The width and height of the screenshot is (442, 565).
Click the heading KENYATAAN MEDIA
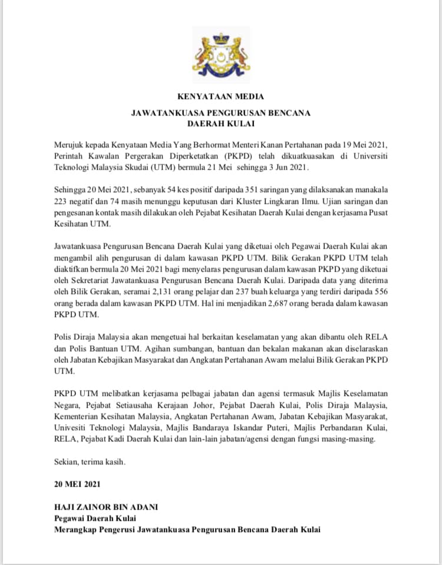221,97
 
